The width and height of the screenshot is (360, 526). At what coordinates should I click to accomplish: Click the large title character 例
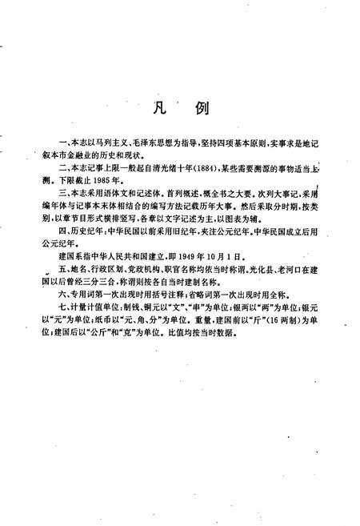click(x=202, y=108)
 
